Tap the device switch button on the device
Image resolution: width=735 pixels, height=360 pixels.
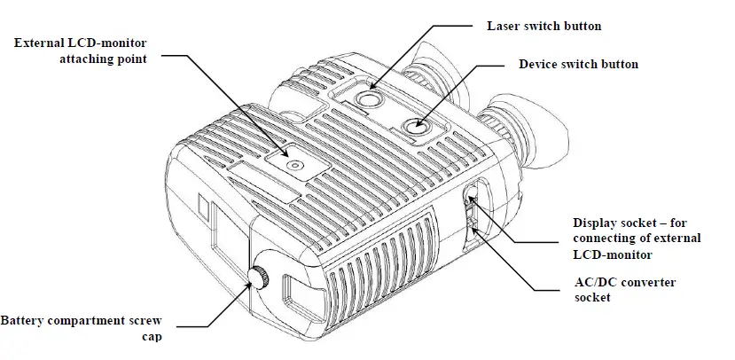pyautogui.click(x=413, y=128)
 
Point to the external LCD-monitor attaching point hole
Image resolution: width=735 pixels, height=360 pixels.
pyautogui.click(x=294, y=164)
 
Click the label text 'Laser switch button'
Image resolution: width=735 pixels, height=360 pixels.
pyautogui.click(x=544, y=26)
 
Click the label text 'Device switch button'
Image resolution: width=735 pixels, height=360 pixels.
pyautogui.click(x=577, y=65)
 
